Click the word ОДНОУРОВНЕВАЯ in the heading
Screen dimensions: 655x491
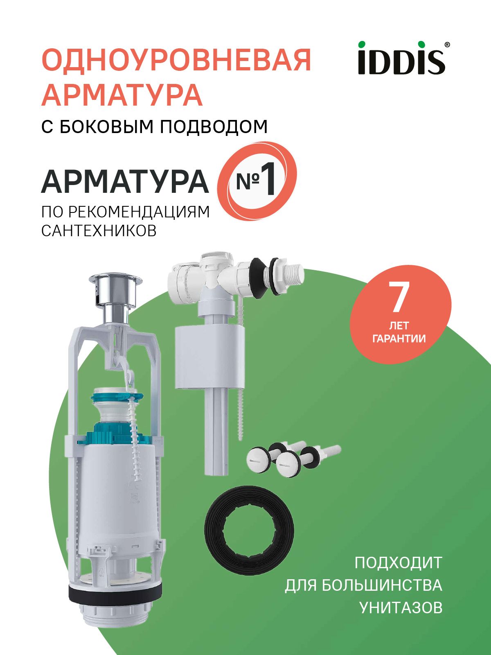176,61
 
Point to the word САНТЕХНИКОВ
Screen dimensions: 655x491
99,230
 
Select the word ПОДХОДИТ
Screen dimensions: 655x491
398,562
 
